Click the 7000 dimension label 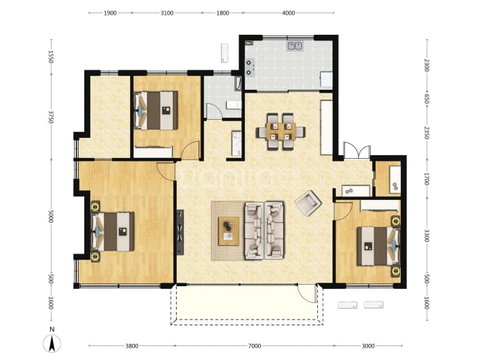coord(255,346)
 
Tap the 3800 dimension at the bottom coord(131,346)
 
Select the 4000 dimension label coord(289,13)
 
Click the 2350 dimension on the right coord(426,133)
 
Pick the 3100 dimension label coord(167,13)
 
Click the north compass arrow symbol coord(52,343)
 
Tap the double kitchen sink coord(294,46)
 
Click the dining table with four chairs coord(281,132)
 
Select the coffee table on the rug coord(228,231)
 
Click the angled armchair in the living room coord(308,203)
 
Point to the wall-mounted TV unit coord(180,233)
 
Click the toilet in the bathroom coord(234,105)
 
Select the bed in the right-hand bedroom coord(378,246)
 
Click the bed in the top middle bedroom coord(156,111)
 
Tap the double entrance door coord(357,150)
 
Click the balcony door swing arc coord(307,294)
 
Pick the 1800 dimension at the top coord(223,13)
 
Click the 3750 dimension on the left coord(51,117)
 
